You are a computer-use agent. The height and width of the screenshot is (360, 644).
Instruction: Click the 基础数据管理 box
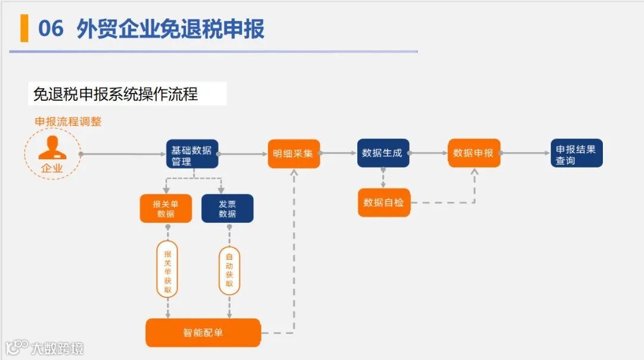(191, 154)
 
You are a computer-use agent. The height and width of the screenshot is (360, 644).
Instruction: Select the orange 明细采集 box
(293, 154)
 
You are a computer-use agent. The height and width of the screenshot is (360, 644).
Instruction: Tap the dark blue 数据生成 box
(383, 153)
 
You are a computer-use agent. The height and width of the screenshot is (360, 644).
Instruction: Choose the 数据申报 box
(473, 153)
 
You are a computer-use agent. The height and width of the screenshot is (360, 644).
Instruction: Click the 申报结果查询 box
(576, 153)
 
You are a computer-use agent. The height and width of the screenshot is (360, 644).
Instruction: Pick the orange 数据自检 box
(383, 203)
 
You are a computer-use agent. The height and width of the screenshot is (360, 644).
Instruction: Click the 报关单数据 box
(166, 209)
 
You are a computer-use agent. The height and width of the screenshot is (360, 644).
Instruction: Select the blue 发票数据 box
(227, 209)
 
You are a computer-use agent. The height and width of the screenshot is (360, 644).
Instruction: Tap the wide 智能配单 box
(203, 333)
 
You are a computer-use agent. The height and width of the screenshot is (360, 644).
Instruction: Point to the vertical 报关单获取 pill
(168, 269)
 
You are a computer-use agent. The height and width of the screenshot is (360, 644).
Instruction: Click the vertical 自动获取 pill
(229, 270)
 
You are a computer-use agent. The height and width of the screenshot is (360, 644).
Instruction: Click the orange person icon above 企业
(52, 148)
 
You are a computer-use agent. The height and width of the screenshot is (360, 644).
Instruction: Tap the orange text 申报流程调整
(68, 122)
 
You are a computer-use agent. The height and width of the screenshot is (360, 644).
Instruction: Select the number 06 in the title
(51, 29)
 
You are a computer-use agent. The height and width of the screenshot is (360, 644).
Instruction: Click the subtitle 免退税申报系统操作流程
(116, 94)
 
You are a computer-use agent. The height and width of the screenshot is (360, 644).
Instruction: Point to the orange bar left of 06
(24, 29)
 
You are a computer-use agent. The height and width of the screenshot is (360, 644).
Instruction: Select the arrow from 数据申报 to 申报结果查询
(525, 153)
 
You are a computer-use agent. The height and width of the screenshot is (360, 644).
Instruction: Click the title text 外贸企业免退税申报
(171, 29)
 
